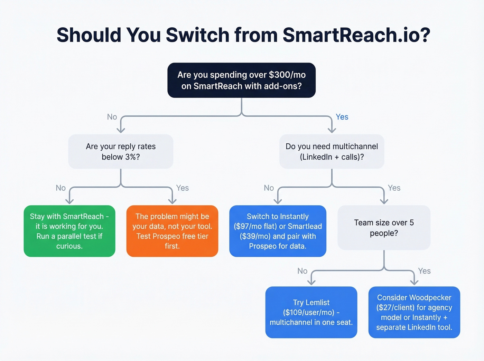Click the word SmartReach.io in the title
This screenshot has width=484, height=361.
pos(356,35)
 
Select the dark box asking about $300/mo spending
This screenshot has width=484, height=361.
pos(241,80)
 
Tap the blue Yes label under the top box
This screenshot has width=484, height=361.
pos(342,117)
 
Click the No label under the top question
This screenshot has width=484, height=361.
pos(112,117)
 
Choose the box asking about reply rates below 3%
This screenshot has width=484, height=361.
pos(121,152)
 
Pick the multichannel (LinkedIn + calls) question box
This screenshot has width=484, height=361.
pos(332,152)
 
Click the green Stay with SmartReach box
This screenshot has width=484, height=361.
pos(69,231)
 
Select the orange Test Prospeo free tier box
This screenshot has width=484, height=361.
pos(172,231)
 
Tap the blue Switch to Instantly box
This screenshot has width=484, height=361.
pos(278,231)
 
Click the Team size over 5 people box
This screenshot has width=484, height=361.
pos(384,228)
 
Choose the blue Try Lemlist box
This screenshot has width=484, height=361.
pos(311,312)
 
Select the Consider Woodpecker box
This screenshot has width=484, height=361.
pos(414,312)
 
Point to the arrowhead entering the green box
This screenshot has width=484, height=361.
pos(69,201)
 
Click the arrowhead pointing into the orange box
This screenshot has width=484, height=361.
pos(172,201)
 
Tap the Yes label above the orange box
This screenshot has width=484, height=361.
pos(182,188)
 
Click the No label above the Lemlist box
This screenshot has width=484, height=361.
pos(302,271)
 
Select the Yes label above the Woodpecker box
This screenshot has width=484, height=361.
pos(424,271)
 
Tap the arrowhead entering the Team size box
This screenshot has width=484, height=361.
pos(384,201)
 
